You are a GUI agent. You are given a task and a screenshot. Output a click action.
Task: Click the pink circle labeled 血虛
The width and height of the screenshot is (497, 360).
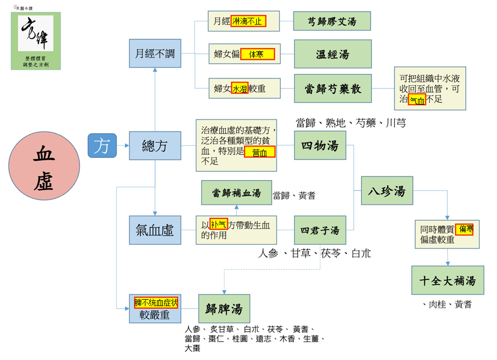[x=44, y=166]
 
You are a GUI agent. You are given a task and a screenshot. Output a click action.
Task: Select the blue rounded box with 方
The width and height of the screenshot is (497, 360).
[x=102, y=145]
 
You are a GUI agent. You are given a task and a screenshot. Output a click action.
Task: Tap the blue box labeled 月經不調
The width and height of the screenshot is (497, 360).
[x=155, y=53]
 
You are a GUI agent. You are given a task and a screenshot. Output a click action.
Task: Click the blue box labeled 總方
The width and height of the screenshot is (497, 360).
[x=155, y=145]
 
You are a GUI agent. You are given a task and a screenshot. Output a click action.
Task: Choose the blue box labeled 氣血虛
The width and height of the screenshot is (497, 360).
[x=155, y=230]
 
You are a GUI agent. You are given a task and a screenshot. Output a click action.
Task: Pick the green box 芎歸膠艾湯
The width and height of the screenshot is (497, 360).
[x=332, y=21]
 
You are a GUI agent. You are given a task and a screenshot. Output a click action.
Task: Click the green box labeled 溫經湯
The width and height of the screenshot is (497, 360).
[x=333, y=54]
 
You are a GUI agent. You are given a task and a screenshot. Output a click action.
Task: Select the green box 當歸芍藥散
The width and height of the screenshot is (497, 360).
[x=333, y=88]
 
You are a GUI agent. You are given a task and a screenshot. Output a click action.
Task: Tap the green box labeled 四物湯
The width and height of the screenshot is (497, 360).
[x=320, y=145]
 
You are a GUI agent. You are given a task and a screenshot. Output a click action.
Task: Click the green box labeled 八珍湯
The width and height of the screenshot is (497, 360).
[x=387, y=190]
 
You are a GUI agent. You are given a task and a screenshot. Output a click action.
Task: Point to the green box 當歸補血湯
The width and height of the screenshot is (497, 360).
[x=236, y=193]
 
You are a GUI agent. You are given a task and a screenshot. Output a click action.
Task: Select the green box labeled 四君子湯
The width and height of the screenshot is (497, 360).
[x=320, y=230]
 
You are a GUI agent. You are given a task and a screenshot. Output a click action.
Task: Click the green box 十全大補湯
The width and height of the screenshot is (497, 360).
[x=447, y=280]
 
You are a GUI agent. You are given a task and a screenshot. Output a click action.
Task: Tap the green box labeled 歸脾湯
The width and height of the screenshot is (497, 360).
[x=224, y=308]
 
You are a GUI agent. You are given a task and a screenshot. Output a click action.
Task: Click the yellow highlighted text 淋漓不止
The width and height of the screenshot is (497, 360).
[x=248, y=21]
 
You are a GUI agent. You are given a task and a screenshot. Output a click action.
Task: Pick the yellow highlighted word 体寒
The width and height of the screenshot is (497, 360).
[x=257, y=54]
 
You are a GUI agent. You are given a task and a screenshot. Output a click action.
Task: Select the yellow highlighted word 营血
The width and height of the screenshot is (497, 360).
[x=259, y=152]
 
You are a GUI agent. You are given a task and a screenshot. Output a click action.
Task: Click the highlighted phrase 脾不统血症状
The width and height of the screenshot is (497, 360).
[x=156, y=302]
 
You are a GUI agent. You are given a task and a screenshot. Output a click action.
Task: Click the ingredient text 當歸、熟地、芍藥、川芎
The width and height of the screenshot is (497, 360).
[x=351, y=122]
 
